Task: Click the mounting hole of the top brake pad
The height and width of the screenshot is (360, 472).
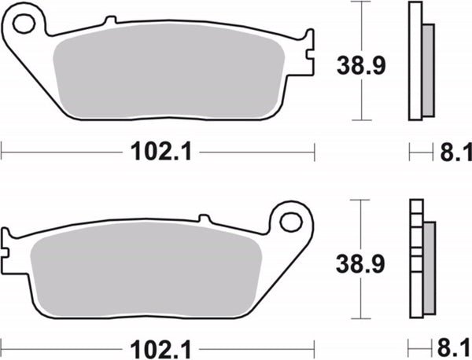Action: click(x=24, y=24)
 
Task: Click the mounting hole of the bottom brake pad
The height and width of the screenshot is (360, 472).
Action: click(x=291, y=222)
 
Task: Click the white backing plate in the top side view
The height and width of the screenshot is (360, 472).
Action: click(x=415, y=63)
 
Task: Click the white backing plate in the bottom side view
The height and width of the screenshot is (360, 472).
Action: click(x=415, y=259)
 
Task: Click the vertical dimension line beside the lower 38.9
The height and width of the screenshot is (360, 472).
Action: click(x=361, y=259)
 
